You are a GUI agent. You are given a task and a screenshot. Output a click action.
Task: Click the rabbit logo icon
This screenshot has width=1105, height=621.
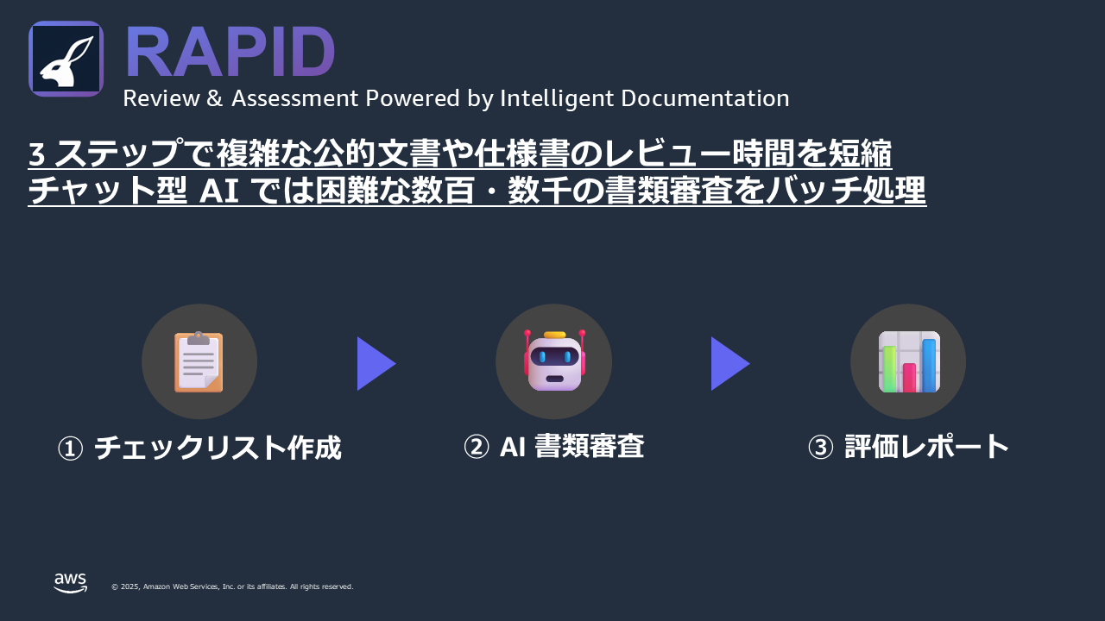[x=66, y=59]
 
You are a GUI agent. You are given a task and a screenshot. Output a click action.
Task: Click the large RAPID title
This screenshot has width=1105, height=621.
[x=230, y=52]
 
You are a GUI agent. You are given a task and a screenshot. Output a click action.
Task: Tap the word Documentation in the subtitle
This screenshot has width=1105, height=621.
[x=705, y=98]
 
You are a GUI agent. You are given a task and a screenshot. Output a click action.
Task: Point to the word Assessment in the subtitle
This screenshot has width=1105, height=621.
[x=295, y=98]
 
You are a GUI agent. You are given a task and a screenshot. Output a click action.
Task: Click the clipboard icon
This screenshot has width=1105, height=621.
[x=199, y=361]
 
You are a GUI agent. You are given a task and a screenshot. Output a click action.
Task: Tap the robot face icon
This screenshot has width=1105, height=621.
[x=554, y=361]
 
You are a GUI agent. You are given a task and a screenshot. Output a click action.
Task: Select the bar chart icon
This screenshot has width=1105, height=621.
[x=909, y=361]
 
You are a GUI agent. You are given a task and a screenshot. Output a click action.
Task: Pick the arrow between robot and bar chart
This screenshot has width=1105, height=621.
[x=730, y=364]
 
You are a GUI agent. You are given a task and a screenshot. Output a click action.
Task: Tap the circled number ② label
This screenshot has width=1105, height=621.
[x=476, y=448]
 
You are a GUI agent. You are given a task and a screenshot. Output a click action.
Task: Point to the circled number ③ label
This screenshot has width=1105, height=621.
[x=820, y=448]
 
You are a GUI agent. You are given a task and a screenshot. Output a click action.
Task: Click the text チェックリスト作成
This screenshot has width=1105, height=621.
[x=218, y=448]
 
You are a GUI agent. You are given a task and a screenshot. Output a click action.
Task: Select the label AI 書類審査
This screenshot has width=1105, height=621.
[x=571, y=446]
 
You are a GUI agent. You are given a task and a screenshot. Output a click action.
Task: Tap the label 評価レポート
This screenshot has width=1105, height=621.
[x=926, y=447]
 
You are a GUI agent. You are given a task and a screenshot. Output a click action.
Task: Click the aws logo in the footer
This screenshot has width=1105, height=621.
[x=71, y=582]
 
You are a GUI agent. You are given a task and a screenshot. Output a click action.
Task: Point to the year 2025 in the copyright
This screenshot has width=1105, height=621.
[x=130, y=586]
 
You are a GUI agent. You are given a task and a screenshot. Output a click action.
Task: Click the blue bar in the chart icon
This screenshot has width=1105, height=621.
[x=929, y=365]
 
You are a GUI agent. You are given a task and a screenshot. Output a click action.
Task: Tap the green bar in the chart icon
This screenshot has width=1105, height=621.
[x=889, y=369]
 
